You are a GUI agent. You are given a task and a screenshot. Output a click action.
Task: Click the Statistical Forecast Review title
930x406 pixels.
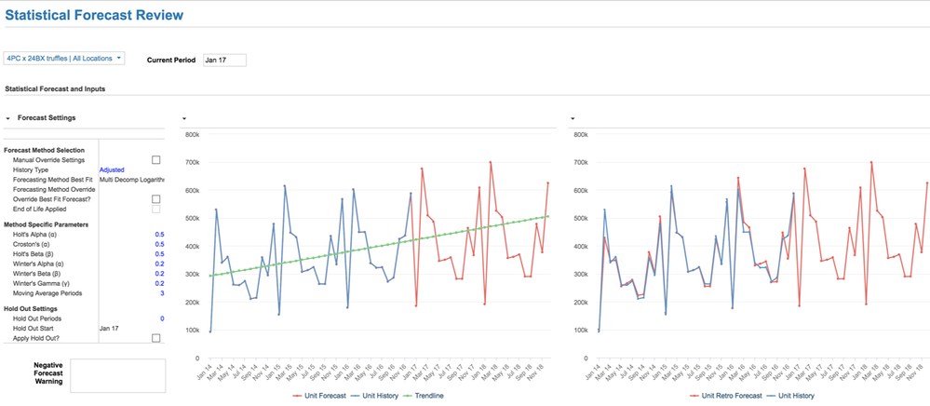pos(94,15)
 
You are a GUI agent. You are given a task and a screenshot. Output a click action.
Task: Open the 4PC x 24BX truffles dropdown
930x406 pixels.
pos(64,58)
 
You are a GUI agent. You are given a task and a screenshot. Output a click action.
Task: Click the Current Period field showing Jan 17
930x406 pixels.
pos(224,60)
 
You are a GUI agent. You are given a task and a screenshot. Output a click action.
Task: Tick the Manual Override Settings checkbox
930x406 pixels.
pos(155,160)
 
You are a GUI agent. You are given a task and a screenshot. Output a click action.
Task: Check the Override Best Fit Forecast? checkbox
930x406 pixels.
pos(155,199)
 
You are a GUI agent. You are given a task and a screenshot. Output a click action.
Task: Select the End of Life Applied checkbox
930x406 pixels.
pos(155,210)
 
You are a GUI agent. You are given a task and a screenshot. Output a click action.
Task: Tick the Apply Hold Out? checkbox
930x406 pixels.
pos(155,338)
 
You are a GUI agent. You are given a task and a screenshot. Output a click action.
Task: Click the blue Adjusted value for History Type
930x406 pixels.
pos(112,170)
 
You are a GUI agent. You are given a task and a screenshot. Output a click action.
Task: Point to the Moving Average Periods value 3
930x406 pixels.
pos(161,293)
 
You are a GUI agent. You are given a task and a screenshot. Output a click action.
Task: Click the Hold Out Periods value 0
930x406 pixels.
pos(161,318)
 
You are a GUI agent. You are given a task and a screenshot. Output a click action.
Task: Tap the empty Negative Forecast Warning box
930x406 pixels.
pos(117,374)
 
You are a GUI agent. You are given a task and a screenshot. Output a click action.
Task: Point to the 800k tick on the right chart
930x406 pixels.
pos(583,134)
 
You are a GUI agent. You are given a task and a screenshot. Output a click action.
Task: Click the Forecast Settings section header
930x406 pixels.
pos(47,118)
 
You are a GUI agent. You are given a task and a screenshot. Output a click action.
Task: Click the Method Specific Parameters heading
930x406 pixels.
pos(47,224)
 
